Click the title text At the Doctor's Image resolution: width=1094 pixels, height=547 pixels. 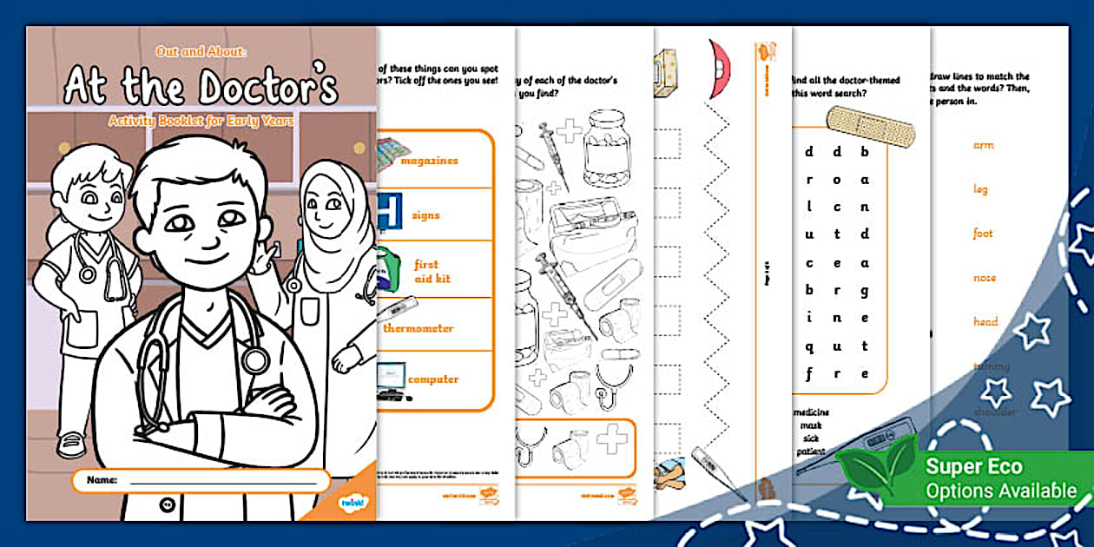tap(201, 87)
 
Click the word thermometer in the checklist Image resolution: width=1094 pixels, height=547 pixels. tap(418, 328)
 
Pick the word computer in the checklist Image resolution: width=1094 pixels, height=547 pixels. tap(433, 379)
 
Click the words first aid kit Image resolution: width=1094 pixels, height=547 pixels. tap(426, 271)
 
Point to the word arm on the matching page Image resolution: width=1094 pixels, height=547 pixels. tap(983, 145)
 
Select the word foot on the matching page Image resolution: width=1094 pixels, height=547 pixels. tap(983, 234)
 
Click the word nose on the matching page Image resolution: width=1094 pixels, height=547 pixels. tap(985, 278)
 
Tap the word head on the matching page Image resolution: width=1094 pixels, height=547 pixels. tap(985, 322)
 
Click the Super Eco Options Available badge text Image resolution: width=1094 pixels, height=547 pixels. tap(1000, 478)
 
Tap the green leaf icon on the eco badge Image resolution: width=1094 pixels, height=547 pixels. tap(878, 468)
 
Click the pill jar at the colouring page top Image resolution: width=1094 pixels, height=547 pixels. tap(606, 148)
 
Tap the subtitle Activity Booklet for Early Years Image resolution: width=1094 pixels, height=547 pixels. tap(201, 121)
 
